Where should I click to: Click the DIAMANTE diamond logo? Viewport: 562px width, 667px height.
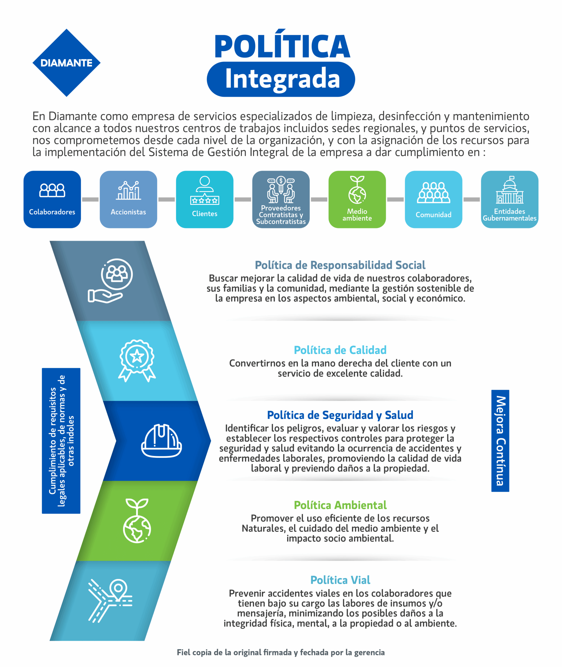pos(66,63)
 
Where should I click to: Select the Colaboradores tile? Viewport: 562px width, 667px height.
pos(52,199)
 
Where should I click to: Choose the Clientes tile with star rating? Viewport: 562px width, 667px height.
pos(205,199)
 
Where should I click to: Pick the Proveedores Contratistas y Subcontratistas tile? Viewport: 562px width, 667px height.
pos(281,199)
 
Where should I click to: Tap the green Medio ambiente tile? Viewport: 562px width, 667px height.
pos(357,199)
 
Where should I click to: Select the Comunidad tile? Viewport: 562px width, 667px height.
pos(433,199)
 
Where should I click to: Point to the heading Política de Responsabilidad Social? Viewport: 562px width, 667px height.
pos(340,265)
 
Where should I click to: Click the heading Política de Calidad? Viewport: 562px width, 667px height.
pos(340,350)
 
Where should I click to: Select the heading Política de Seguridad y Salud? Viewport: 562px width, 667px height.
pos(340,415)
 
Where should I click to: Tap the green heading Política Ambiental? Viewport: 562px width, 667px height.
pos(340,505)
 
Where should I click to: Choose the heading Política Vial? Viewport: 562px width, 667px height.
pos(340,580)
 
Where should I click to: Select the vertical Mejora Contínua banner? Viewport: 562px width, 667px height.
pos(500,441)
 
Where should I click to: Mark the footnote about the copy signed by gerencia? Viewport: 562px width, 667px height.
pos(281,652)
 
